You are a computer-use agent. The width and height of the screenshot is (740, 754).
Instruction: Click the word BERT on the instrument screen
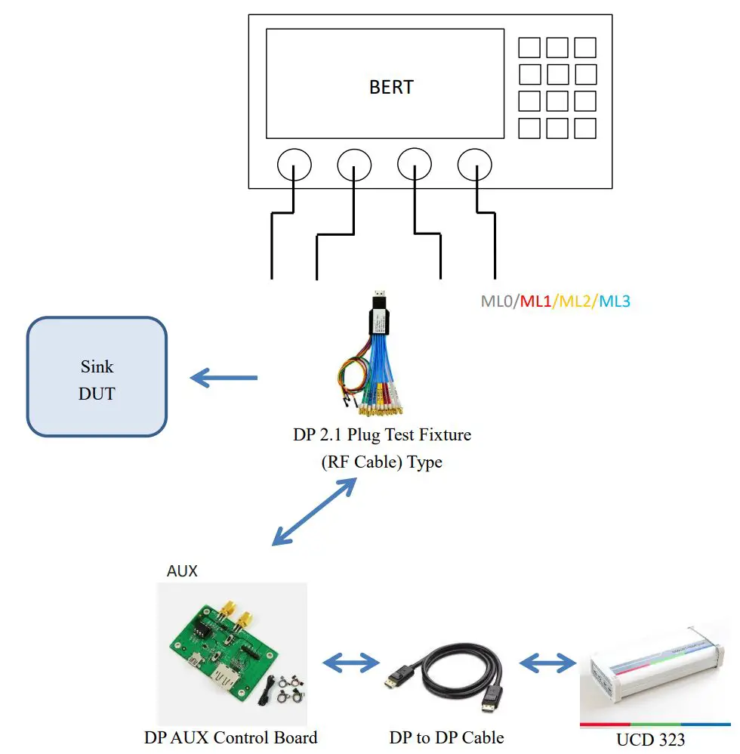(x=391, y=87)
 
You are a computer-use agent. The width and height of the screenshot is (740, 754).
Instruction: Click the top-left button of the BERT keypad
(x=529, y=48)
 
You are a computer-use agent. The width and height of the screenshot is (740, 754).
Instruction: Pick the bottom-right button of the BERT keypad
(x=585, y=128)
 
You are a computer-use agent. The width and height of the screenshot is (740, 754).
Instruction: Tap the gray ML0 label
(x=497, y=301)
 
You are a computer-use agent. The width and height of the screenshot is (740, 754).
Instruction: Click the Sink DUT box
(x=97, y=376)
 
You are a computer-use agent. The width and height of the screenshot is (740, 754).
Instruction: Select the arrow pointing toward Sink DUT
(x=224, y=377)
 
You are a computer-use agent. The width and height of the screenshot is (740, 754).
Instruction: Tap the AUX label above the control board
(x=182, y=571)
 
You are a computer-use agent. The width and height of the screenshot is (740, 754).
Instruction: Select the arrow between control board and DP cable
(x=350, y=663)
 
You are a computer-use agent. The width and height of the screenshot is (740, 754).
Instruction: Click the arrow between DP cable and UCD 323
(x=547, y=663)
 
